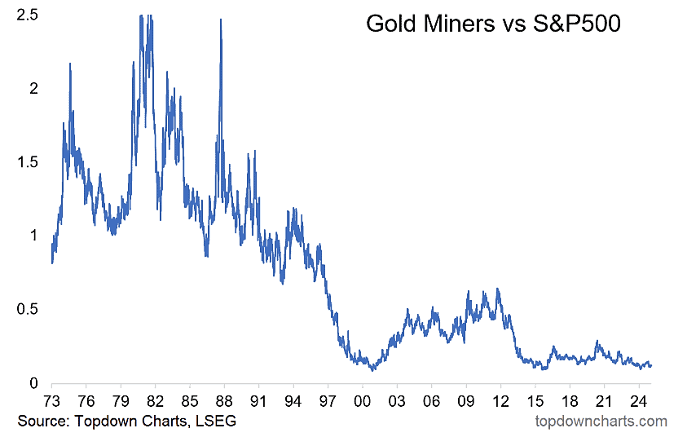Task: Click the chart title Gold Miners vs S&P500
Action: point(493,24)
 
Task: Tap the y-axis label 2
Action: point(32,87)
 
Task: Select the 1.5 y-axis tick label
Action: point(25,161)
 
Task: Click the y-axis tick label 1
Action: point(32,235)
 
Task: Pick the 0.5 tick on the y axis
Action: point(25,309)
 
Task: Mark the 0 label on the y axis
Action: point(32,382)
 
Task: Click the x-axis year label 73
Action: point(52,401)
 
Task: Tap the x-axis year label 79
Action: point(121,401)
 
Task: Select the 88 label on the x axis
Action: point(224,401)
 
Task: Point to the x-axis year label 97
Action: point(328,401)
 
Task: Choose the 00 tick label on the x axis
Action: point(362,401)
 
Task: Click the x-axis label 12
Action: point(500,401)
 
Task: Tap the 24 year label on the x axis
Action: point(637,401)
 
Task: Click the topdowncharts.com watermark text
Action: point(601,421)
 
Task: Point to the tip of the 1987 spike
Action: point(221,19)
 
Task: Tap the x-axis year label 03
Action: point(396,401)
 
